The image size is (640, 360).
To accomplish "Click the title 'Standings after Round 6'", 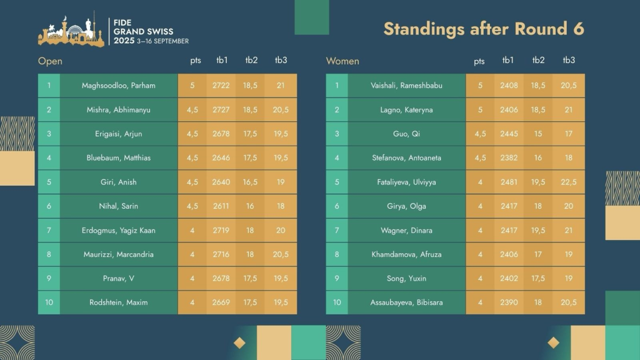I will (x=483, y=29).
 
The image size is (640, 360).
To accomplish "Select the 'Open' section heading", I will (x=50, y=61).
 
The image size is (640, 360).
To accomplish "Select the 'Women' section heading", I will (x=342, y=61).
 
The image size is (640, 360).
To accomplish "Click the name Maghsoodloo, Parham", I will (x=119, y=86).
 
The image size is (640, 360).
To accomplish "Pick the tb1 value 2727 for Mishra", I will (x=221, y=110).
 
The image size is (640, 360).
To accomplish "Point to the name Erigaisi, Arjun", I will (x=119, y=134).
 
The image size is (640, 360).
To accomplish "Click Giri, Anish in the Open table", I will (x=119, y=182).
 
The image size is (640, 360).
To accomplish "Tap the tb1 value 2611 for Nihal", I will (x=221, y=206).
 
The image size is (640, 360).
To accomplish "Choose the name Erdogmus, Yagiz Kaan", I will (x=119, y=231).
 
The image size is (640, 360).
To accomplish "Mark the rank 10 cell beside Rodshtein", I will (x=49, y=302).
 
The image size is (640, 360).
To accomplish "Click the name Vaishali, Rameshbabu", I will (x=406, y=86).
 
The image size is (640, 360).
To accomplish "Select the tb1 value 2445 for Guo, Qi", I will (x=509, y=134).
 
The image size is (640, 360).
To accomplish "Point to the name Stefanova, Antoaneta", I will (x=406, y=158).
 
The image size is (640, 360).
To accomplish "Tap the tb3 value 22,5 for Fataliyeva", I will (x=569, y=182).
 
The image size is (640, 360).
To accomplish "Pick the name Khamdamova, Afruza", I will (x=406, y=254).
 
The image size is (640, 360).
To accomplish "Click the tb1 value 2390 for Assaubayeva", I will (x=509, y=302).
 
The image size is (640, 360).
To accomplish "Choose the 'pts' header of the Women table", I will (x=479, y=61).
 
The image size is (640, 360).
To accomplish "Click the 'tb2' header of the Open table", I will (x=251, y=61).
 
